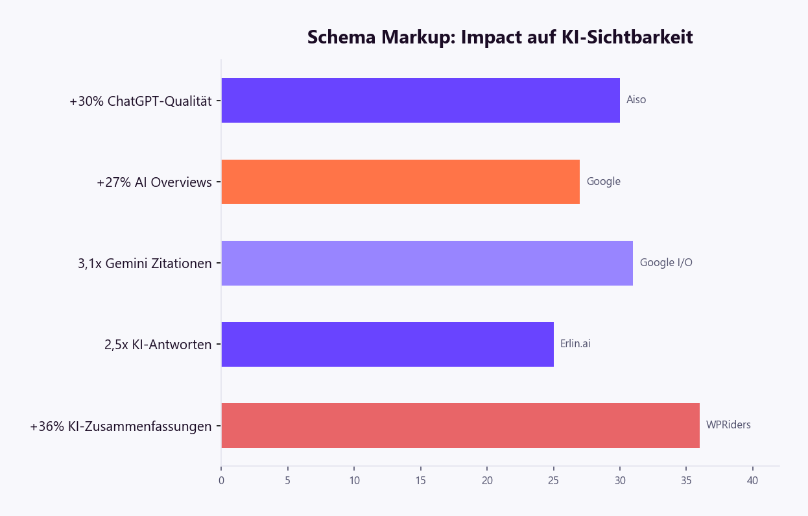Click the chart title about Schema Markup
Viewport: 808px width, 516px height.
pyautogui.click(x=499, y=38)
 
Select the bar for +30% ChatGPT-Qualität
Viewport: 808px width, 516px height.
pyautogui.click(x=420, y=101)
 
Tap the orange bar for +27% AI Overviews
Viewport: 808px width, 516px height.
pyautogui.click(x=400, y=182)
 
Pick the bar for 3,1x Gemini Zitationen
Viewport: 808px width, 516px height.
pyautogui.click(x=427, y=263)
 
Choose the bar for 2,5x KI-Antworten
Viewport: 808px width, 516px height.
pyautogui.click(x=387, y=344)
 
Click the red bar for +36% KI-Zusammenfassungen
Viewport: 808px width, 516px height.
pyautogui.click(x=460, y=425)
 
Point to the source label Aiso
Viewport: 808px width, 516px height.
pyautogui.click(x=636, y=100)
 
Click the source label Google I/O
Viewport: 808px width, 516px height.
pyautogui.click(x=666, y=263)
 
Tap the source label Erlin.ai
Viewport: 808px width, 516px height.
pyautogui.click(x=575, y=344)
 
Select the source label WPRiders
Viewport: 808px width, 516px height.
pyautogui.click(x=728, y=425)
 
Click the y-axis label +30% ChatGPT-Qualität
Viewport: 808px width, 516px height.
pyautogui.click(x=141, y=101)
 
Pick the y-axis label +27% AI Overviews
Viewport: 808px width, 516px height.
pyautogui.click(x=154, y=182)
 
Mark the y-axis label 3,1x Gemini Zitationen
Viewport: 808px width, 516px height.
pyautogui.click(x=145, y=264)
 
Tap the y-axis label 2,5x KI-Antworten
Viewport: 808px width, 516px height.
pyautogui.click(x=158, y=345)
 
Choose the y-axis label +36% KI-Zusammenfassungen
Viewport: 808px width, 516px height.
pyautogui.click(x=121, y=426)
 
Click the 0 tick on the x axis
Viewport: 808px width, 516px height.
pyautogui.click(x=221, y=481)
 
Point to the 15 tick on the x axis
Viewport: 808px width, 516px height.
pyautogui.click(x=420, y=481)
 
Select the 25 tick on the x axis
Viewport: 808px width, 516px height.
pyautogui.click(x=553, y=481)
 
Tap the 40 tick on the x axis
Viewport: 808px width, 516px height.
pyautogui.click(x=752, y=481)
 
